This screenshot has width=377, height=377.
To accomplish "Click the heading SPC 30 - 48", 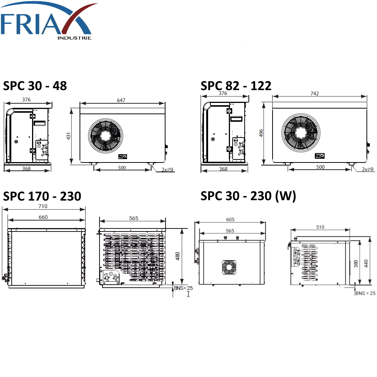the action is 35,86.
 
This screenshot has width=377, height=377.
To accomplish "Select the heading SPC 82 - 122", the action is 236,86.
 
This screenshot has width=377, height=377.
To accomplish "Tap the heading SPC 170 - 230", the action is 42,196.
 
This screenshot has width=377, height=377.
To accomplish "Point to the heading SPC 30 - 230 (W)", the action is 248,196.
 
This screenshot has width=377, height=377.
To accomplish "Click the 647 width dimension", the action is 121,100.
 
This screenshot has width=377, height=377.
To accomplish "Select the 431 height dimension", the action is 69,136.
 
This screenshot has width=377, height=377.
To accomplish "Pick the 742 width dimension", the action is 314,93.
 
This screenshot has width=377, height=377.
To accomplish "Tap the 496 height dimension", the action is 261,133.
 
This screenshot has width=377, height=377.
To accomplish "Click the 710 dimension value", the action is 43,206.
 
